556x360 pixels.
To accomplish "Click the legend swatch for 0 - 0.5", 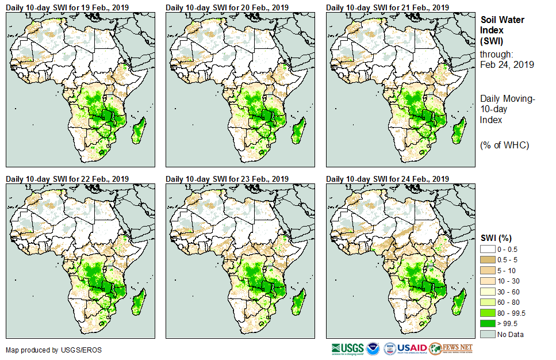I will [488, 249].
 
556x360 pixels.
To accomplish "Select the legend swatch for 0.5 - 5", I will [488, 260].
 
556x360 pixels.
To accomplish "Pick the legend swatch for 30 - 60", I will [488, 292].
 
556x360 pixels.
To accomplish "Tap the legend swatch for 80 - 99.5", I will [488, 313].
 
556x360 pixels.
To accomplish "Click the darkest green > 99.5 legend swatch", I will [488, 324].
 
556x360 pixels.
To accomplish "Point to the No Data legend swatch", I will [488, 334].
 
